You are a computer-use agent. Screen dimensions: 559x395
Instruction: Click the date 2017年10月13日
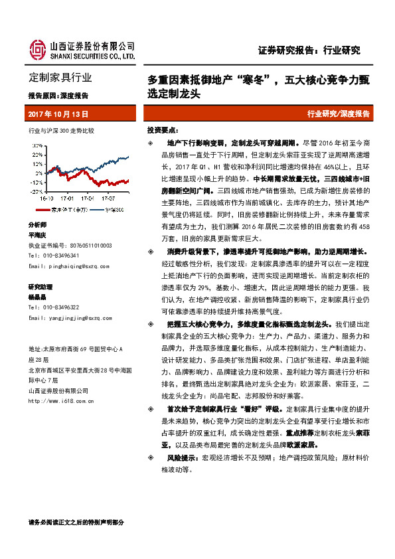click(58, 114)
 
